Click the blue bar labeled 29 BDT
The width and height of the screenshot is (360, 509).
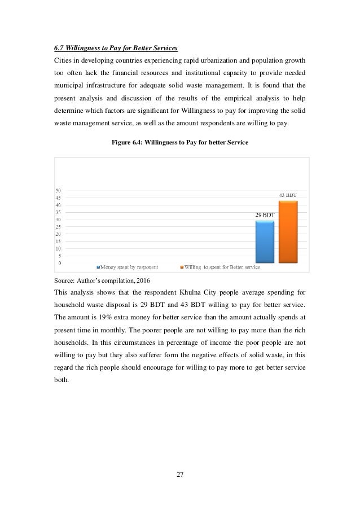265,242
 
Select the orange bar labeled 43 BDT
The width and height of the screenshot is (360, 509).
287,232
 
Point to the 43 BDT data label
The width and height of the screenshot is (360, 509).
288,195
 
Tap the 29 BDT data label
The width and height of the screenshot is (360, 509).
264,215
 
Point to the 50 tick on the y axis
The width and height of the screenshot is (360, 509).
59,191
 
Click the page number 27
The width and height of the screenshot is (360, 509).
180,474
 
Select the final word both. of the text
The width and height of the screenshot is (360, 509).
61,379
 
